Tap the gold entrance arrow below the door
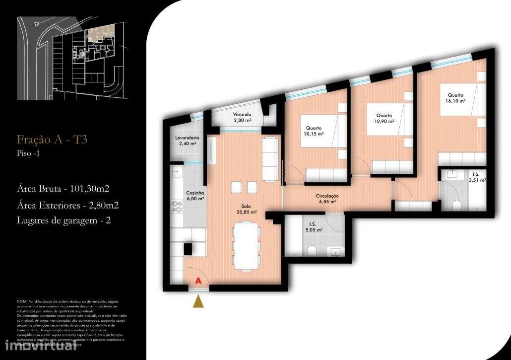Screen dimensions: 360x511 [198, 301]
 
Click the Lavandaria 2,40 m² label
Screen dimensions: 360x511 [187, 141]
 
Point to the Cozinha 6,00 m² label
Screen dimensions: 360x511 [195, 196]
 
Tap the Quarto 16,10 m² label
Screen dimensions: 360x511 [455, 98]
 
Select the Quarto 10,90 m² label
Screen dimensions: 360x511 [384, 118]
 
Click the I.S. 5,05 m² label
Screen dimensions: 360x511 [313, 227]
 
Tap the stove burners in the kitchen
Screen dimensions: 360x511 [177, 207]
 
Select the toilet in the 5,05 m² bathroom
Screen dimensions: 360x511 [312, 251]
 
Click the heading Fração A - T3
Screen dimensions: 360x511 [52, 140]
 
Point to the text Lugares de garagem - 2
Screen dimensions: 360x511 [64, 220]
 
